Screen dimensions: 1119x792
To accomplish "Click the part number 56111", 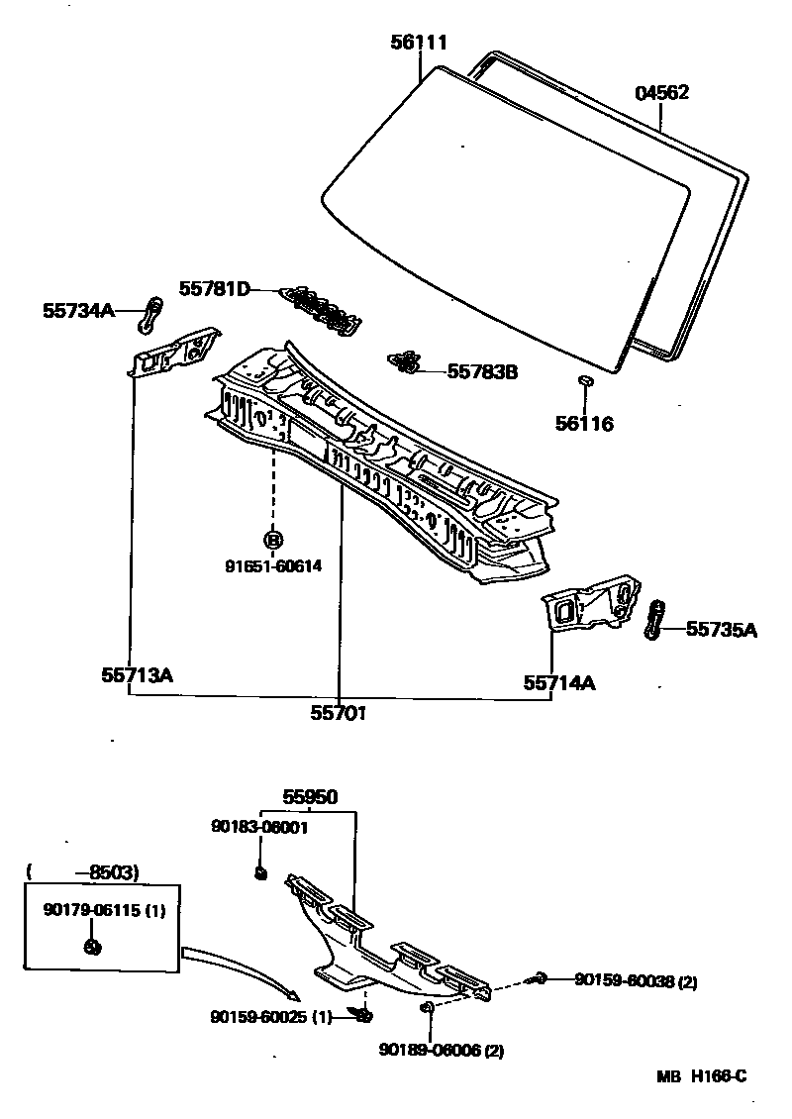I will click(418, 43).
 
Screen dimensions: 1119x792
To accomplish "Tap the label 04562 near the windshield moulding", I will click(661, 93).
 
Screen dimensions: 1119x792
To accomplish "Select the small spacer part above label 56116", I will click(584, 379).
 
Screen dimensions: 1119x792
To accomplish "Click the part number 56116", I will click(584, 424).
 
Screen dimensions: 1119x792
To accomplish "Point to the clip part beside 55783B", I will click(404, 363).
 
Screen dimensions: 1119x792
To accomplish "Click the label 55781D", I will click(214, 289).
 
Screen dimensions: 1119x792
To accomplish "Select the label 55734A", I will click(78, 311).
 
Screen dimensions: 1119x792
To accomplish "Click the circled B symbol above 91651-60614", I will click(273, 540).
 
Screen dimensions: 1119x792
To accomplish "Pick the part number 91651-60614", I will click(272, 566).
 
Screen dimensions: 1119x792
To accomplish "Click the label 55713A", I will click(137, 675).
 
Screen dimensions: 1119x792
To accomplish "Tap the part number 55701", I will click(339, 712).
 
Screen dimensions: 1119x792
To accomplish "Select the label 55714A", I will click(559, 682).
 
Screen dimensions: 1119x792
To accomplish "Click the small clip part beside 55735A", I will click(655, 619).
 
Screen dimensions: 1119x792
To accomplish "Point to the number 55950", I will click(310, 796).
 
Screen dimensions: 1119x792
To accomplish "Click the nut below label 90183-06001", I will click(261, 872).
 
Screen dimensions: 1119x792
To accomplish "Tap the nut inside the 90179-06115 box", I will click(91, 946).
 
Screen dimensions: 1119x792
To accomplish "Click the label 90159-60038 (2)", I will click(636, 981).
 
